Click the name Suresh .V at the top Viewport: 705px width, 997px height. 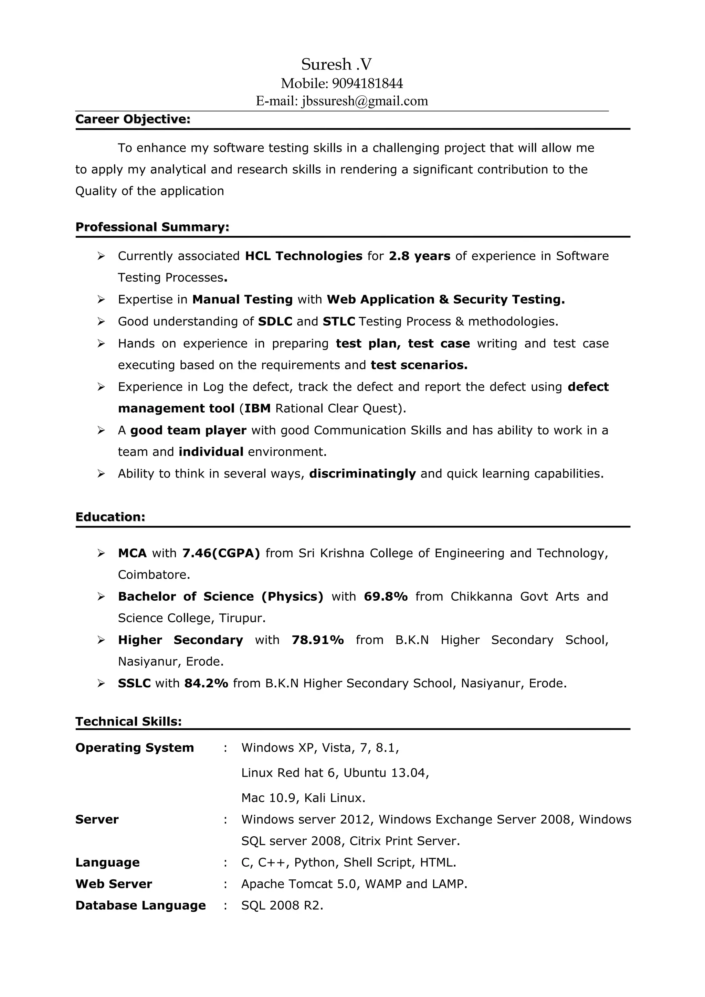coord(336,64)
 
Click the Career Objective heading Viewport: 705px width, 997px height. coord(133,119)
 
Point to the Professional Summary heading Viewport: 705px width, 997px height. coord(152,227)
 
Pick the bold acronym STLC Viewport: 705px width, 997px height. coord(339,321)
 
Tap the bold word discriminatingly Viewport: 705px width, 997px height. coord(362,473)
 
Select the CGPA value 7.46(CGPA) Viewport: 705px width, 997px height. coord(221,553)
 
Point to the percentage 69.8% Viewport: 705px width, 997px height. coord(386,596)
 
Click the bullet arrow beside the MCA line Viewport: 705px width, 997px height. coord(101,553)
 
